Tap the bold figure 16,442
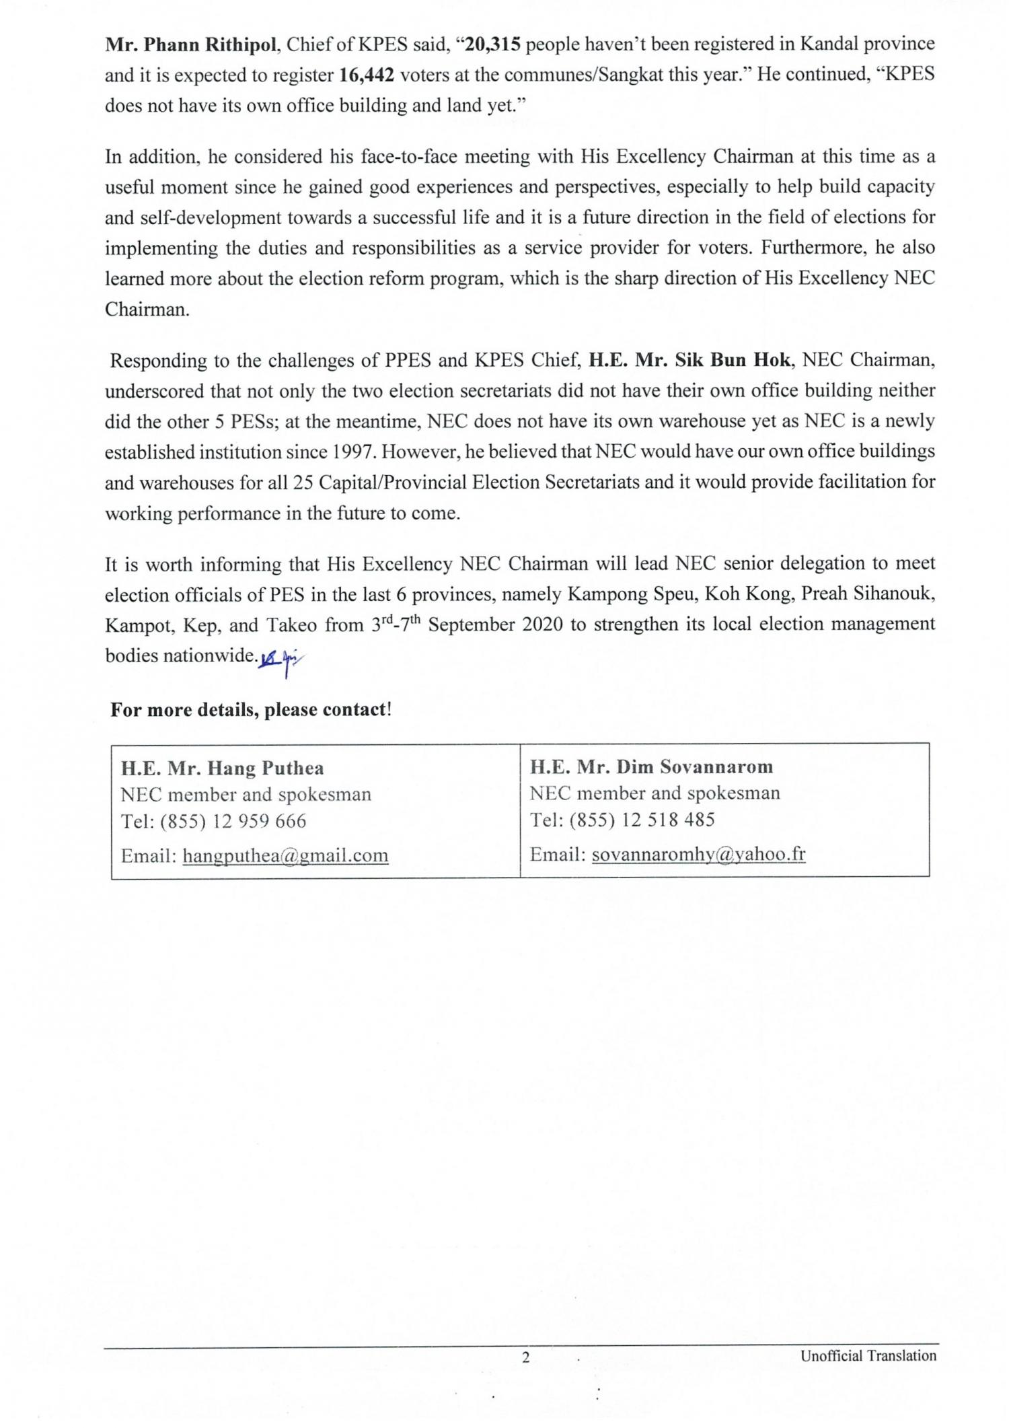click(x=366, y=75)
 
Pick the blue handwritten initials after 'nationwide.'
click(x=281, y=662)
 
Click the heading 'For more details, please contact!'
click(x=251, y=709)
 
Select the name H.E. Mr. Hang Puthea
click(x=222, y=768)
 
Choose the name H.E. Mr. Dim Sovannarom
click(x=651, y=766)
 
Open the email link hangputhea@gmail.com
click(x=285, y=855)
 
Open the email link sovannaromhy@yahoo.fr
click(x=698, y=854)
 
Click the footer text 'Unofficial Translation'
click(x=868, y=1355)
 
